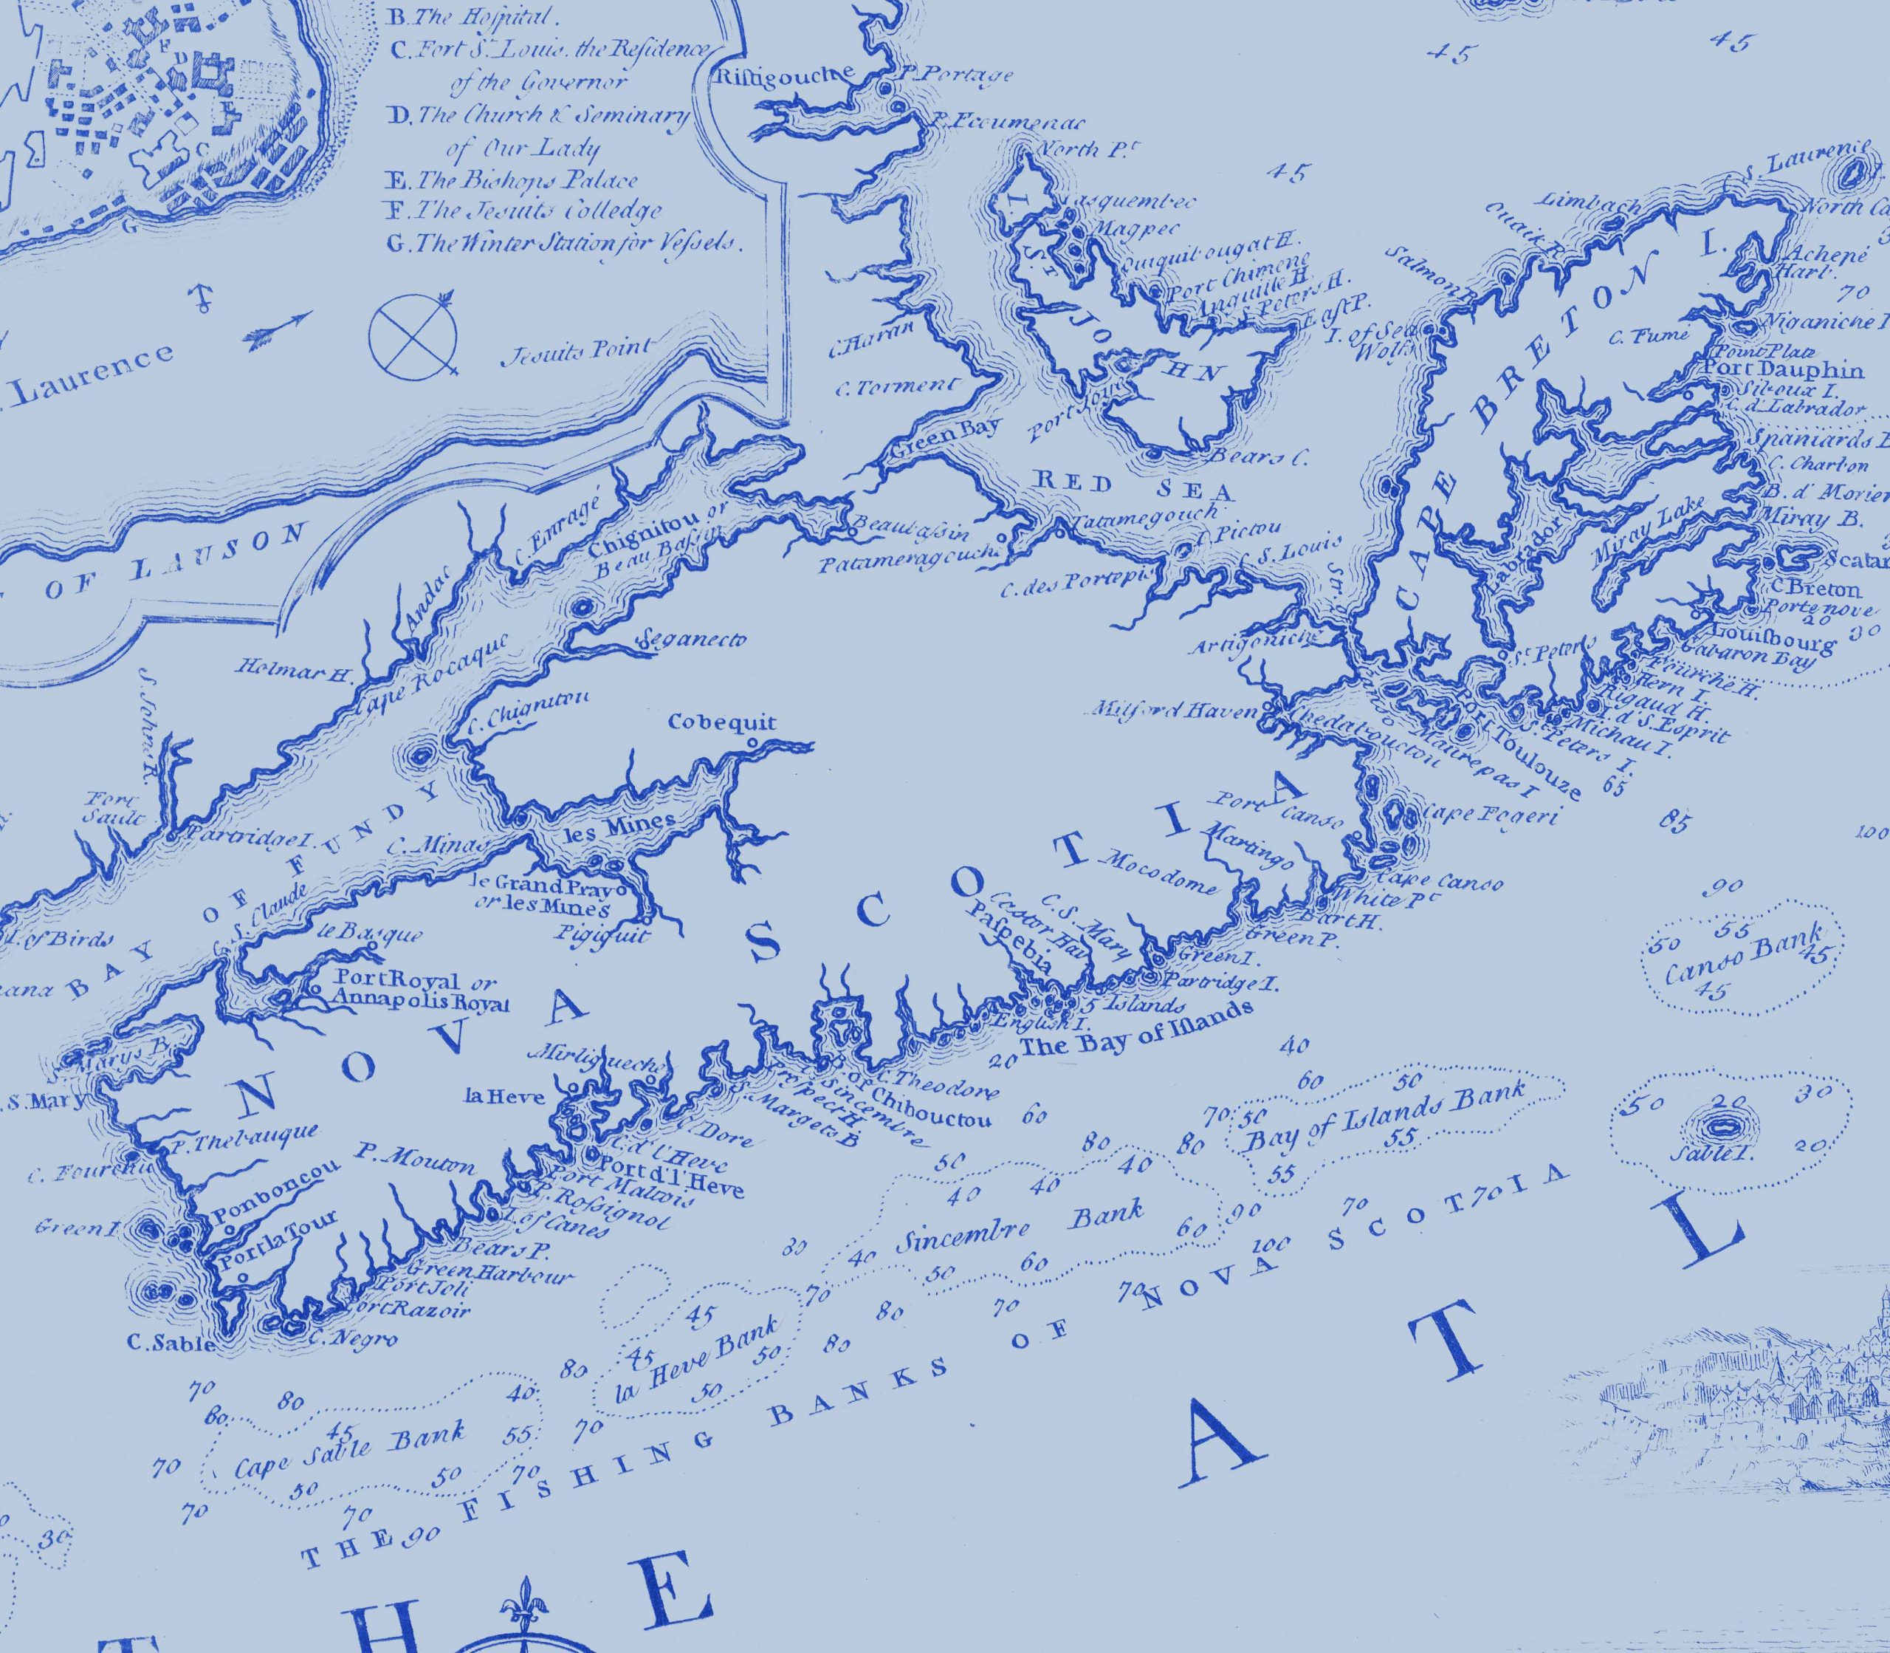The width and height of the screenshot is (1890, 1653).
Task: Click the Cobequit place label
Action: [722, 723]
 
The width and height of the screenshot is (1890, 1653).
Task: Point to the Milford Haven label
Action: [1175, 711]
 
